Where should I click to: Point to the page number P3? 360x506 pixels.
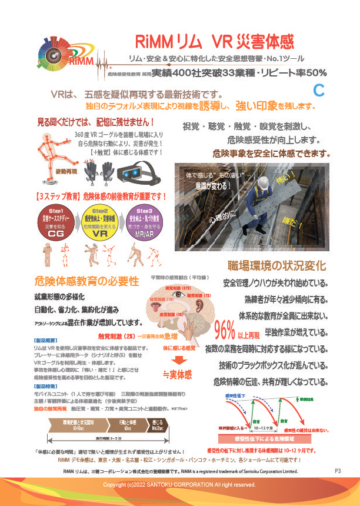pos(338,471)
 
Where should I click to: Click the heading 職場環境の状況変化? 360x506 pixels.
pos(269,267)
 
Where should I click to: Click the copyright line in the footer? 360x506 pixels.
pos(179,484)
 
